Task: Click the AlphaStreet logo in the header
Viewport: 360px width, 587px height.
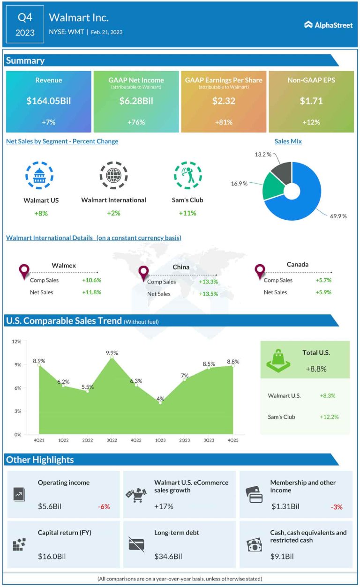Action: (x=328, y=25)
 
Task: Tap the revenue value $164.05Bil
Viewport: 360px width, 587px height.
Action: (x=49, y=101)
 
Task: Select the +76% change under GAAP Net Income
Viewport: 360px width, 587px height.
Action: (x=136, y=122)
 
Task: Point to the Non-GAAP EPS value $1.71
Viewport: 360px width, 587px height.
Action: (x=311, y=101)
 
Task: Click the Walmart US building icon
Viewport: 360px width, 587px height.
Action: (x=39, y=176)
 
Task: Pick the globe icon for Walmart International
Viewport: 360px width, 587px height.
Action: (x=113, y=176)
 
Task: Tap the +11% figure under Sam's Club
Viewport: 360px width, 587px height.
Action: (x=187, y=213)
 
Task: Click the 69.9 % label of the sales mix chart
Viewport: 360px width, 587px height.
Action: (x=338, y=216)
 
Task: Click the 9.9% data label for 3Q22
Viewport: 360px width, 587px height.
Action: (x=112, y=353)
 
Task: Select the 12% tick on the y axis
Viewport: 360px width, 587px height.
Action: (x=16, y=342)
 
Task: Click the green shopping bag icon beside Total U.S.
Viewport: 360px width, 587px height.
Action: (x=278, y=361)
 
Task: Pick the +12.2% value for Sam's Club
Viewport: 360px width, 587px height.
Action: (x=329, y=417)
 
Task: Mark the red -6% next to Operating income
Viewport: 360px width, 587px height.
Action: (x=104, y=506)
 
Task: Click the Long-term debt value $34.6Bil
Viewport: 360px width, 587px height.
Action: (x=168, y=557)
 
